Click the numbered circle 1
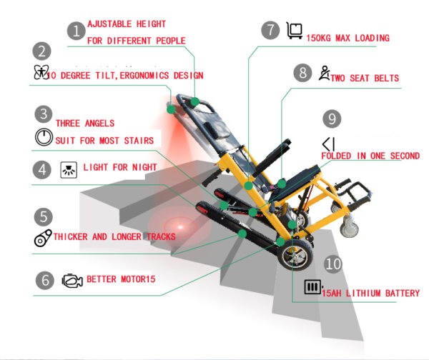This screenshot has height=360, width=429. pyautogui.click(x=75, y=31)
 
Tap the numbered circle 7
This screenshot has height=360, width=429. pyautogui.click(x=270, y=30)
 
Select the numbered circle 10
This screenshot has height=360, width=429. pyautogui.click(x=332, y=263)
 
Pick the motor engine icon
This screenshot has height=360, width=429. pyautogui.click(x=71, y=279)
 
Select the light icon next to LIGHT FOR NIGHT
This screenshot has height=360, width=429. pyautogui.click(x=69, y=170)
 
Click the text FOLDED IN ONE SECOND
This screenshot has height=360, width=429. pyautogui.click(x=370, y=156)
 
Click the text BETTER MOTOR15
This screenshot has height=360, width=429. pyautogui.click(x=120, y=279)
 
